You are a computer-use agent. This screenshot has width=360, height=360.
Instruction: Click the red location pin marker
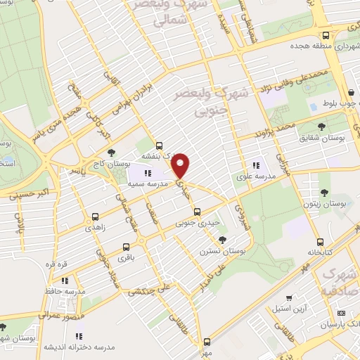181,165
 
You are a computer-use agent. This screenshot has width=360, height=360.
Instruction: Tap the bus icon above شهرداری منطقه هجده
325,35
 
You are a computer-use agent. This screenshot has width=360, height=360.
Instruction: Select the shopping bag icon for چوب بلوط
351,92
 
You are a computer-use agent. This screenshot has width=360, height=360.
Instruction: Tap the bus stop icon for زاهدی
95,217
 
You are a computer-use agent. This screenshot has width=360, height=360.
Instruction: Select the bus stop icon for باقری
126,247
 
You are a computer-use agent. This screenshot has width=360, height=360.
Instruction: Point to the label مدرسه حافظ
70,290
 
